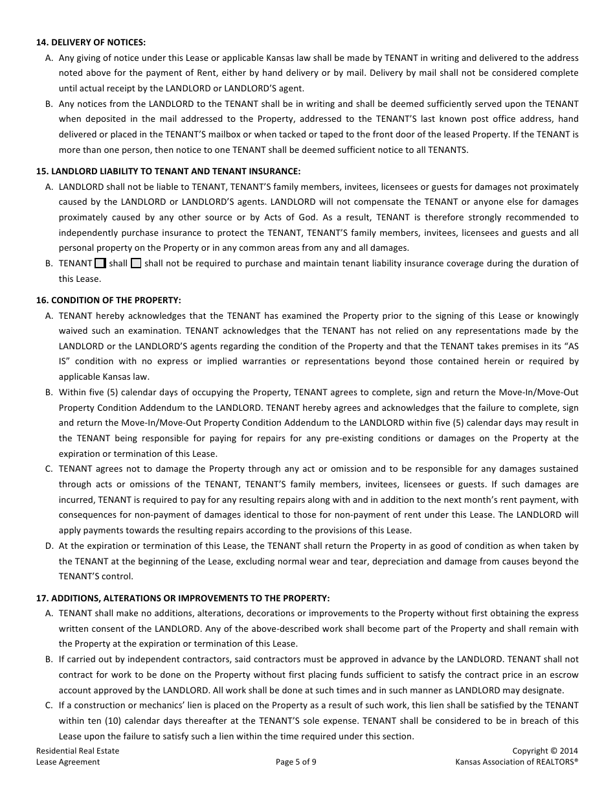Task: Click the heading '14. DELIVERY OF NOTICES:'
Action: [91, 42]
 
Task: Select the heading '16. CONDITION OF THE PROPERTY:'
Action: [108, 300]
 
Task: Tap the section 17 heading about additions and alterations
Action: [183, 597]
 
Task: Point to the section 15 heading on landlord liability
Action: [168, 171]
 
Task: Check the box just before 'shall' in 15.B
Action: [100, 264]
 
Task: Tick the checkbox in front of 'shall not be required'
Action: [136, 264]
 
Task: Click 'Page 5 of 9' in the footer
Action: [296, 762]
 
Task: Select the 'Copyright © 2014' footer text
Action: [544, 751]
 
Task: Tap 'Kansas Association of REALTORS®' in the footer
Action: [517, 762]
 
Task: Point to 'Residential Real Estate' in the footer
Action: [78, 751]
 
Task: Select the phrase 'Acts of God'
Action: [309, 217]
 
